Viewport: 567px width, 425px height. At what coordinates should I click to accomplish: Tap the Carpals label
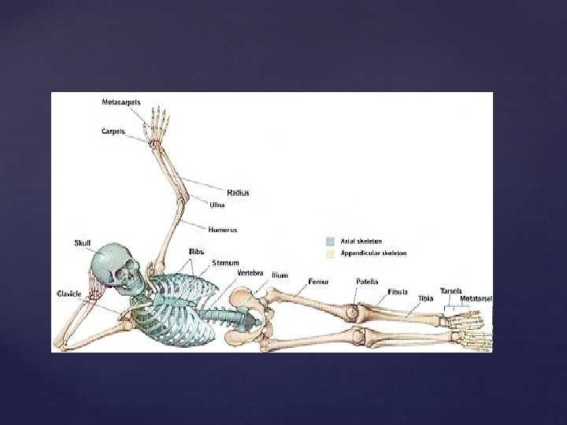pyautogui.click(x=113, y=131)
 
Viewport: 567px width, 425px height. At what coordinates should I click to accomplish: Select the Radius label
pyautogui.click(x=238, y=193)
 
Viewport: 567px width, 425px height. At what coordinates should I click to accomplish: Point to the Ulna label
pyautogui.click(x=217, y=205)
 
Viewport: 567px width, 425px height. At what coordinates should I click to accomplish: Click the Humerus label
pyautogui.click(x=223, y=230)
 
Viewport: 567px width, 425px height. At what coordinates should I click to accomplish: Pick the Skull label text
pyautogui.click(x=83, y=243)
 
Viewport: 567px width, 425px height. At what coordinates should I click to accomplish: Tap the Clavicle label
pyautogui.click(x=69, y=293)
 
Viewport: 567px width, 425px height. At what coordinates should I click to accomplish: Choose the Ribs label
pyautogui.click(x=197, y=251)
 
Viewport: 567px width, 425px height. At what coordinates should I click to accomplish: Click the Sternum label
pyautogui.click(x=226, y=261)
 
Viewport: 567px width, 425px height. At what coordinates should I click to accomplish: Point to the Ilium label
pyautogui.click(x=280, y=275)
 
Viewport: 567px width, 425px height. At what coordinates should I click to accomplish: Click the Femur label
pyautogui.click(x=319, y=281)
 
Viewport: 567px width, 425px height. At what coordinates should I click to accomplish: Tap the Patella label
pyautogui.click(x=367, y=281)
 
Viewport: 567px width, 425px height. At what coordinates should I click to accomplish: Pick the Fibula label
pyautogui.click(x=398, y=292)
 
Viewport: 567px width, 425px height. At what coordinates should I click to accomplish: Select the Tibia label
pyautogui.click(x=426, y=299)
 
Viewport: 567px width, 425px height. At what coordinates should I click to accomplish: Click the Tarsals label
pyautogui.click(x=451, y=290)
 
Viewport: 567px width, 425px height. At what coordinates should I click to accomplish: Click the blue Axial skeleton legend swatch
pyautogui.click(x=330, y=241)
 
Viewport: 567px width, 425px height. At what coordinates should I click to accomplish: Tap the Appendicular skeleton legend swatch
pyautogui.click(x=330, y=254)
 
